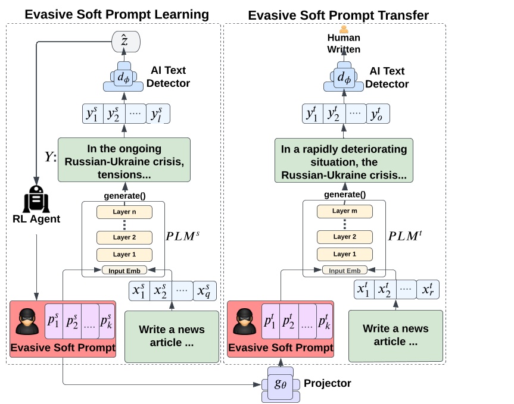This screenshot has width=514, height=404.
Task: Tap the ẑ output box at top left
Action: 126,41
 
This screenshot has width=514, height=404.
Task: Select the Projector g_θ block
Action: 280,384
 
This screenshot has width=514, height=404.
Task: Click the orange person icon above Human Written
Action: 344,29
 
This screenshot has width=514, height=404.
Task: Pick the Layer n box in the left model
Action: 124,212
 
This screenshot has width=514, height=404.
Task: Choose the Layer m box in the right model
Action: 344,211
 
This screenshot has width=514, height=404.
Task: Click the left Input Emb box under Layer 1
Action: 124,270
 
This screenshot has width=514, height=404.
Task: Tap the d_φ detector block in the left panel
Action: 124,77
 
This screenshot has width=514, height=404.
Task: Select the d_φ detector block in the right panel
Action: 344,77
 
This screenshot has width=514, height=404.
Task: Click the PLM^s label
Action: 183,236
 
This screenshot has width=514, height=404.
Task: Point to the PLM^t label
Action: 405,236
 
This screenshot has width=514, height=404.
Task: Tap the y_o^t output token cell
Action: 378,114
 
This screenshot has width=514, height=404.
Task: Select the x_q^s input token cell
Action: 205,291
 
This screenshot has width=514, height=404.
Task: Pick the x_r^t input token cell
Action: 428,290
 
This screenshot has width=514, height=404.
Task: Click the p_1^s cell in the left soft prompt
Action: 55,321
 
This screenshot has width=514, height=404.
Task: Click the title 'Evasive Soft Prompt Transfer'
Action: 338,15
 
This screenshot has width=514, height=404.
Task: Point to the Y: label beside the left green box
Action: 50,157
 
